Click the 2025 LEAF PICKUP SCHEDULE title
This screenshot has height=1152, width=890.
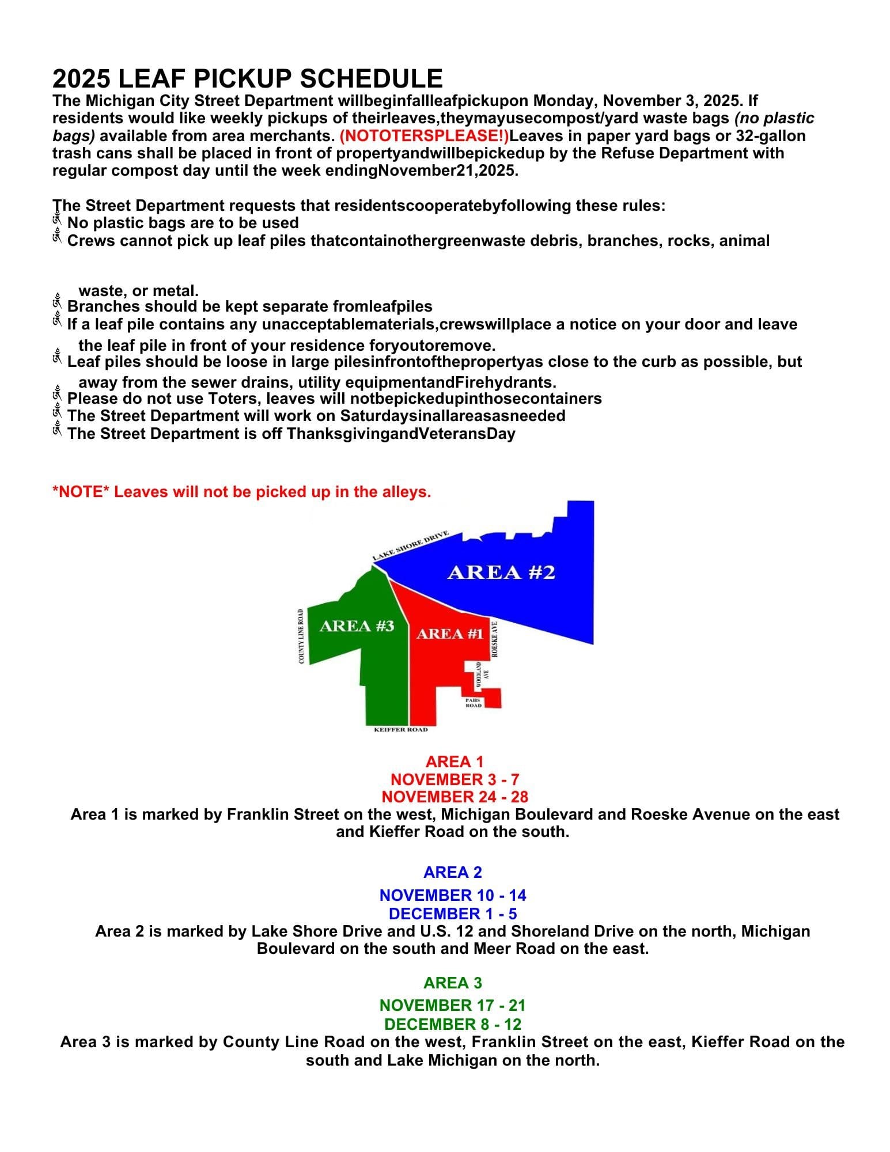pos(248,78)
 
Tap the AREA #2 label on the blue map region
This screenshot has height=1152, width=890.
pos(501,573)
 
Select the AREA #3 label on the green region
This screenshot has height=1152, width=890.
pos(357,626)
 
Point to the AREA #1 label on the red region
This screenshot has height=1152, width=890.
pos(449,634)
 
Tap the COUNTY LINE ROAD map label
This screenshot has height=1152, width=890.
pos(301,636)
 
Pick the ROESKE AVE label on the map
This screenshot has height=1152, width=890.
pos(494,639)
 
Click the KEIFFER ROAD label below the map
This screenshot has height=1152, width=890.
pos(401,730)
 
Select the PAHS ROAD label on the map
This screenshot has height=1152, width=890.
pos(474,703)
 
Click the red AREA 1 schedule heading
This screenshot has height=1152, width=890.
pos(455,761)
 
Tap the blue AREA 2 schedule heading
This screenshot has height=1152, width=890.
pos(453,872)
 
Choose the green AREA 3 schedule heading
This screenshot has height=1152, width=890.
pos(453,983)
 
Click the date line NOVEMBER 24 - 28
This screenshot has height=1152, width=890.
pos(455,797)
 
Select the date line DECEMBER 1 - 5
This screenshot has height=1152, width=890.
pos(453,914)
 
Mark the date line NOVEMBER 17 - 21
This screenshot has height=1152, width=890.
pos(453,1005)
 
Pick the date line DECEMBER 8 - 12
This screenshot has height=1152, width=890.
pos(453,1024)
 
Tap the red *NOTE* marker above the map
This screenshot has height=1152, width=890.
pos(81,492)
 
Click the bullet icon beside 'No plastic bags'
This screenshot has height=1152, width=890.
pos(57,222)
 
